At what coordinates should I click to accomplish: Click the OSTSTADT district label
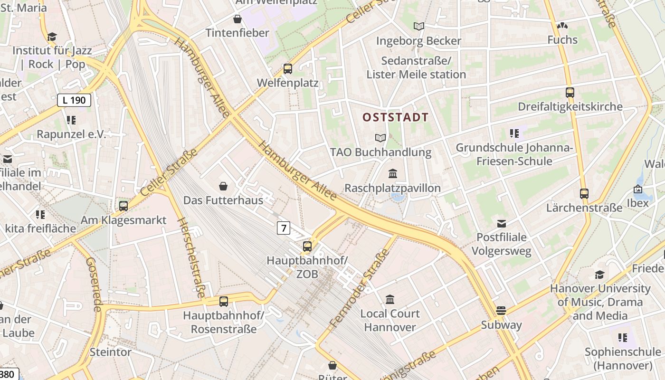[396, 117]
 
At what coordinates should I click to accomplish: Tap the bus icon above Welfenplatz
[288, 69]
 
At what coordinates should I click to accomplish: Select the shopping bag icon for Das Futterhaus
[223, 186]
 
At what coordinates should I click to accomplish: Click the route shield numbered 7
[284, 228]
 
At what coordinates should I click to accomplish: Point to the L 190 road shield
[74, 100]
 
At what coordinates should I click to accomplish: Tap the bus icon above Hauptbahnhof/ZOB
[307, 247]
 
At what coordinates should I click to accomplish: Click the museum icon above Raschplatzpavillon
[393, 174]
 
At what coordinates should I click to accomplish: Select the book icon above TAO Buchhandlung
[380, 138]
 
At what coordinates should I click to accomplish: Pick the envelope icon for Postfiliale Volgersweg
[502, 223]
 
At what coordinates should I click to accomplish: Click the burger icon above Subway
[501, 311]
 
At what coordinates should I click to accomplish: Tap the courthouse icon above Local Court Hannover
[390, 299]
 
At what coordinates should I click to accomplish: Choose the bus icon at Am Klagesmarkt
[123, 206]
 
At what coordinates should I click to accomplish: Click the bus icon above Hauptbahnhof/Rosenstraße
[224, 301]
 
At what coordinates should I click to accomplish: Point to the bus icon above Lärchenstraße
[584, 194]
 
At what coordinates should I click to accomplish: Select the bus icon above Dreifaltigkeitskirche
[570, 93]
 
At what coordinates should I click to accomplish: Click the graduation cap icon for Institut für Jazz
[52, 37]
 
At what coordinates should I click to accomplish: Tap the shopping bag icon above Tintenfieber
[237, 19]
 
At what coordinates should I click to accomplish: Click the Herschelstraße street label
[191, 258]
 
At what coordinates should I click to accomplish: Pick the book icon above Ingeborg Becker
[418, 27]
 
